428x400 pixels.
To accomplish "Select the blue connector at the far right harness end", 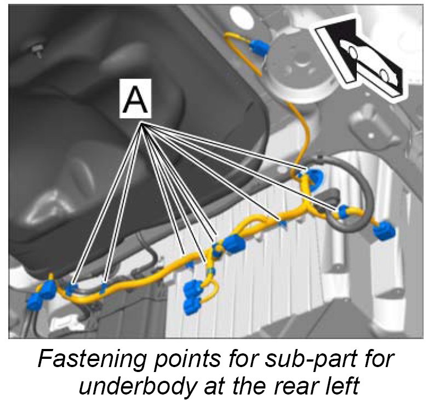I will tap(384, 233).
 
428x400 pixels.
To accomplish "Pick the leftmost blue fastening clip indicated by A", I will tap(71, 286).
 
